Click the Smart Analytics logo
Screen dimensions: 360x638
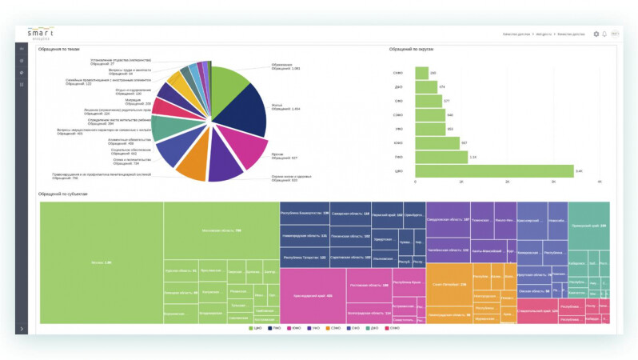(41, 34)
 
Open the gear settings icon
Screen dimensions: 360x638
(596, 34)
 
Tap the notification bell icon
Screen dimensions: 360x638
(604, 34)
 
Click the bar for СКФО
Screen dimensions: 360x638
(421, 73)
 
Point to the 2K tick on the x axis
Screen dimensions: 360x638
(507, 182)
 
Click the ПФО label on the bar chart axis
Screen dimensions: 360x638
(397, 157)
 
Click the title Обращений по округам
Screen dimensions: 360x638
(411, 50)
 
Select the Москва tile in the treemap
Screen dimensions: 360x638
(102, 262)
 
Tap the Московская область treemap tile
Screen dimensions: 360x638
(221, 230)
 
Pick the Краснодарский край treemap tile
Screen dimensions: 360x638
(313, 295)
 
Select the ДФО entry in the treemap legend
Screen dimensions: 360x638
(372, 328)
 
